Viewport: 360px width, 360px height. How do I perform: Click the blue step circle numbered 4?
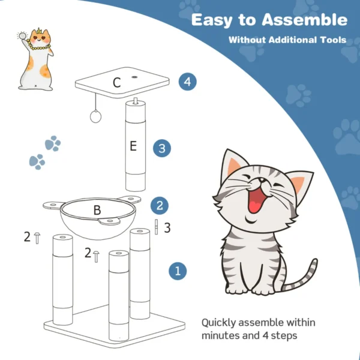pyautogui.click(x=188, y=82)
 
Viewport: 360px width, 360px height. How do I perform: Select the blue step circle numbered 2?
pyautogui.click(x=159, y=205)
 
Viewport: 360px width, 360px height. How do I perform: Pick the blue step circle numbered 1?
pyautogui.click(x=177, y=271)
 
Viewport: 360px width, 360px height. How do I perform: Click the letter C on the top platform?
pyautogui.click(x=117, y=83)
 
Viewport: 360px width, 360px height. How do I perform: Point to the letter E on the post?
pyautogui.click(x=135, y=146)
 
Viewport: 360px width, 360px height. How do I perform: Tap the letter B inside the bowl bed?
pyautogui.click(x=97, y=211)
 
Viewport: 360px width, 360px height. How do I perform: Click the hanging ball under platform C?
pyautogui.click(x=95, y=118)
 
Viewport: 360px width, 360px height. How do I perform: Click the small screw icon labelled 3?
pyautogui.click(x=156, y=227)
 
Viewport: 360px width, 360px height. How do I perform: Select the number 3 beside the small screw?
pyautogui.click(x=167, y=227)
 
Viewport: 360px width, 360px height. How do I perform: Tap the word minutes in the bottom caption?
pyautogui.click(x=221, y=335)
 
